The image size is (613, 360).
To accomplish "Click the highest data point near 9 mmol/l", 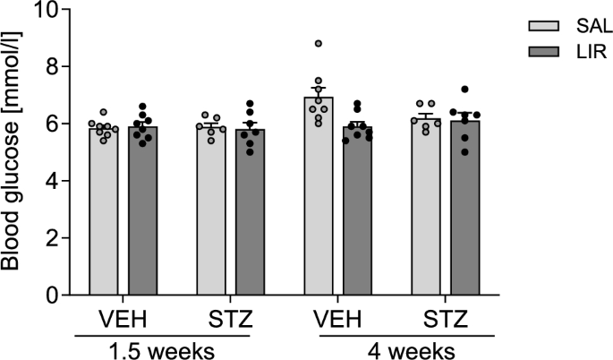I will coord(319,43).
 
